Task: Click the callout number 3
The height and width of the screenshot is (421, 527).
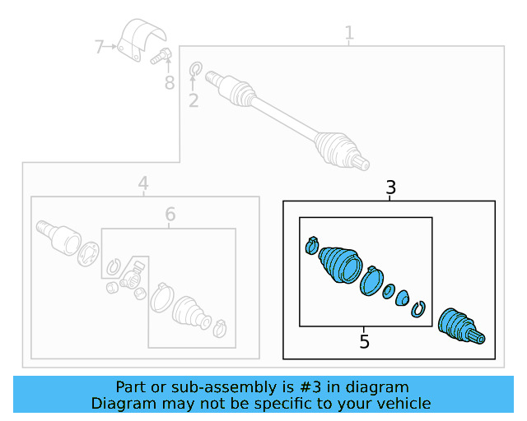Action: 391,188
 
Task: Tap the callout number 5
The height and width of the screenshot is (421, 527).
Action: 365,340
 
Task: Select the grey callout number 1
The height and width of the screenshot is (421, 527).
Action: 349,34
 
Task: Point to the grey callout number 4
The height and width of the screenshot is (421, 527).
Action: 142,183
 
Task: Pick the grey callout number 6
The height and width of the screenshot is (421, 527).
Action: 170,215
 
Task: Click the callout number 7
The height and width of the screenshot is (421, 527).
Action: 99,47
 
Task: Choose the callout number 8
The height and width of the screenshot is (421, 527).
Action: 170,82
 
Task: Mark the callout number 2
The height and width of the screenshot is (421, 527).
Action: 194,101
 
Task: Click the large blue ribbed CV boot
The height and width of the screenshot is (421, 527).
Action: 338,266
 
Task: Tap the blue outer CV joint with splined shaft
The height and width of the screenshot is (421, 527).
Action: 459,325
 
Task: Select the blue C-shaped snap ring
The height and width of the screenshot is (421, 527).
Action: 419,309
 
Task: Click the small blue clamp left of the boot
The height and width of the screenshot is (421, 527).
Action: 310,245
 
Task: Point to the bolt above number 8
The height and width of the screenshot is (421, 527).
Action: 162,57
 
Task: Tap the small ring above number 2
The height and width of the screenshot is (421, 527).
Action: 196,68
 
